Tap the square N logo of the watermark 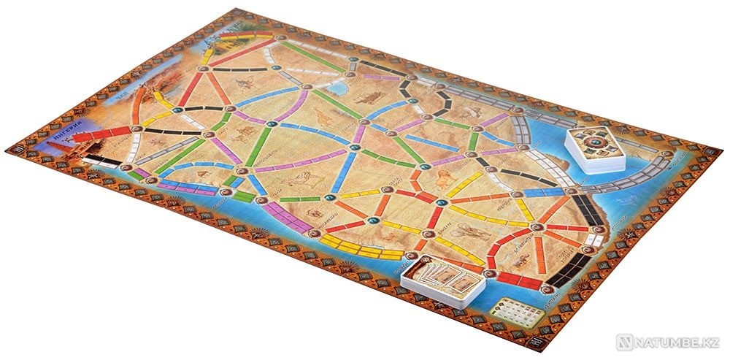click(622, 341)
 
